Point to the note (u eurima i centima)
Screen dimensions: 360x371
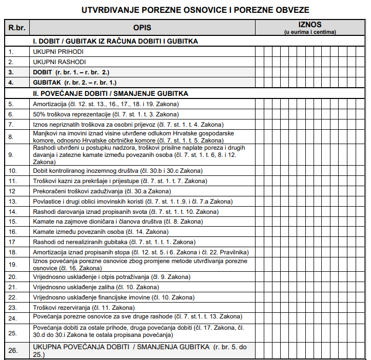pos(310,32)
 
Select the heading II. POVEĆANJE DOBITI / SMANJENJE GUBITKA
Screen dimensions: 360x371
pos(110,94)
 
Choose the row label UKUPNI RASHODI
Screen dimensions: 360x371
pos(59,62)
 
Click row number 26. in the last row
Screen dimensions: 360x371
pos(13,350)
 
